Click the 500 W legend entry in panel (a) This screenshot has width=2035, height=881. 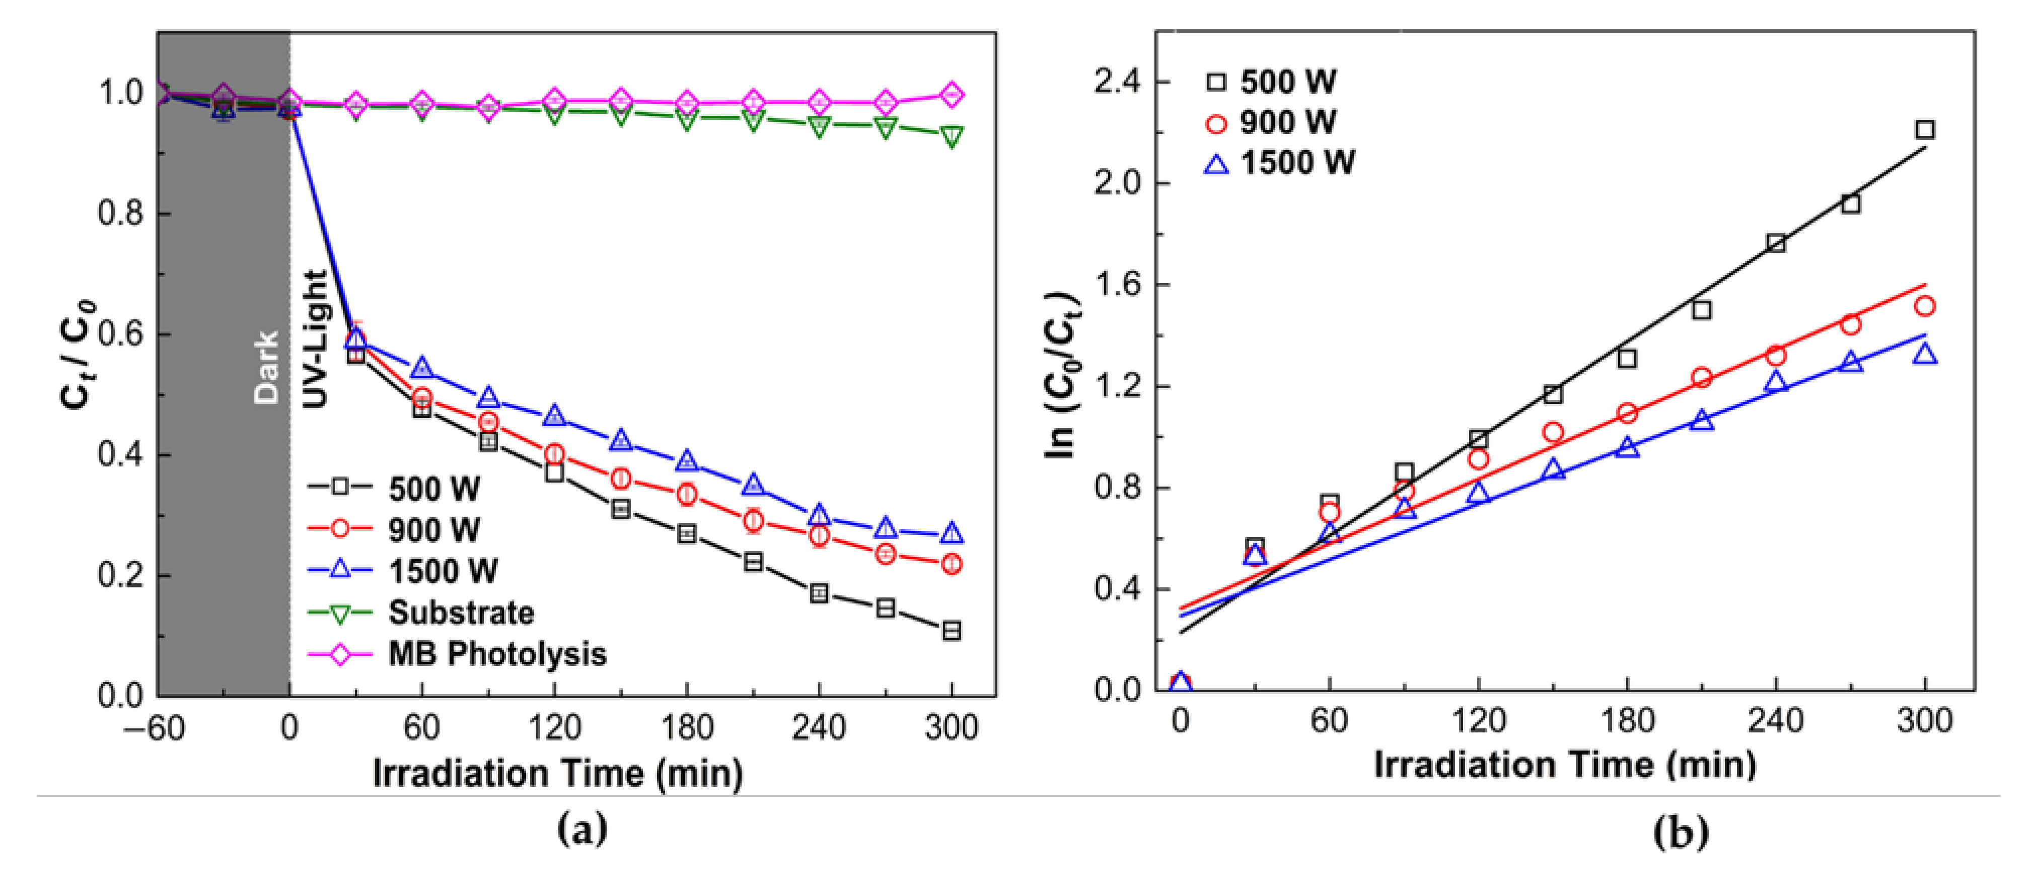[433, 489]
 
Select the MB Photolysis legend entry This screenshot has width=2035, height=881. [496, 654]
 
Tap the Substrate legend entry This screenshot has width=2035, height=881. [461, 613]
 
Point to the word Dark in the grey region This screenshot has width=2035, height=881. [266, 367]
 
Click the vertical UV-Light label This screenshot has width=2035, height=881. [315, 340]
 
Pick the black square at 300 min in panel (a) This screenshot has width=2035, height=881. [952, 631]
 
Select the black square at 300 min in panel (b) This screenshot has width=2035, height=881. [1925, 129]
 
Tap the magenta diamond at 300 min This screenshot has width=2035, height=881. [952, 94]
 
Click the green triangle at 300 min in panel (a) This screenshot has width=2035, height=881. [952, 137]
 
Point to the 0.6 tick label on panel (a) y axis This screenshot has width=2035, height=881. [120, 335]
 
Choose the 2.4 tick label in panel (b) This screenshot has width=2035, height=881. [1120, 82]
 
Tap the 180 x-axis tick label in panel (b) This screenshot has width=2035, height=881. [1627, 721]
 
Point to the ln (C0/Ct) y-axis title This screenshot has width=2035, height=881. [1061, 375]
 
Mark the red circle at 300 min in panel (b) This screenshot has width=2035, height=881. [1925, 306]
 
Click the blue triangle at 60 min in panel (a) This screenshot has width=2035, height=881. [422, 368]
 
